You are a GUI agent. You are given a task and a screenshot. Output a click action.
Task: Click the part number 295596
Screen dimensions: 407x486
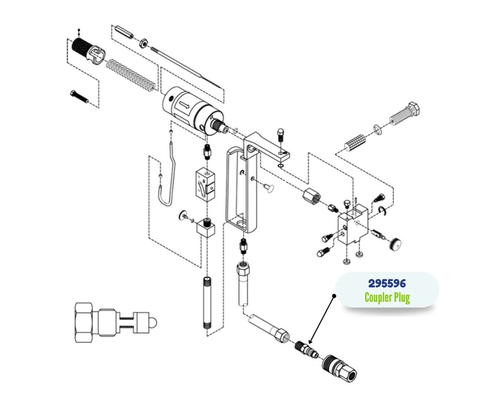pos(387,283)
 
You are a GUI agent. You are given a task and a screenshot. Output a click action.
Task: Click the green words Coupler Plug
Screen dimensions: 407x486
pos(387,297)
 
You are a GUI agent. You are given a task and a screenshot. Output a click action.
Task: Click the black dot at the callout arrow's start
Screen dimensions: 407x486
pos(334,295)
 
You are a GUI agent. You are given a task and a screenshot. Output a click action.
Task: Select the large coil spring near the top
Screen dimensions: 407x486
pos(131,74)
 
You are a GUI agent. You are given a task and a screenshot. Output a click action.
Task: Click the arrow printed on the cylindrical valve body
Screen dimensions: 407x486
pos(185,103)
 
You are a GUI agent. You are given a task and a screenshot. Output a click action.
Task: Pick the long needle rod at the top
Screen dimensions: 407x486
pos(187,66)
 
